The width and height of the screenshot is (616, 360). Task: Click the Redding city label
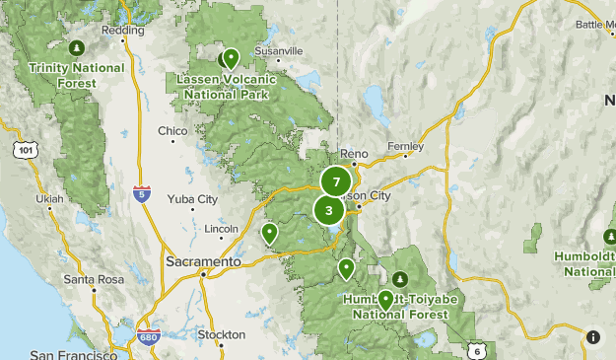[x=123, y=31]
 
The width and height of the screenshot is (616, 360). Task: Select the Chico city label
[x=172, y=130]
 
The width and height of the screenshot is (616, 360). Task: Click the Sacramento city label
[x=203, y=262]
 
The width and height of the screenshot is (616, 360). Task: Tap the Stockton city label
[x=221, y=334]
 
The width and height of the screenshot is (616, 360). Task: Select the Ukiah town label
[x=48, y=198]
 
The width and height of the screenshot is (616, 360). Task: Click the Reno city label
[x=353, y=154]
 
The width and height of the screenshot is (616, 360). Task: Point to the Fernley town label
[x=405, y=146]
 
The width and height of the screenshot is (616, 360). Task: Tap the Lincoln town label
[x=222, y=229]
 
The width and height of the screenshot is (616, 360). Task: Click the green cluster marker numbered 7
[x=336, y=182]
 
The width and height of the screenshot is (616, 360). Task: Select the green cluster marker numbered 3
[x=329, y=210]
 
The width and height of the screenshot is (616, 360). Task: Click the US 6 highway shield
[x=477, y=351]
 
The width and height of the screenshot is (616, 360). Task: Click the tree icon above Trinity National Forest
[x=77, y=47]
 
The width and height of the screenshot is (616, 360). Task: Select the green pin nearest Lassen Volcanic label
[x=231, y=58]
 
